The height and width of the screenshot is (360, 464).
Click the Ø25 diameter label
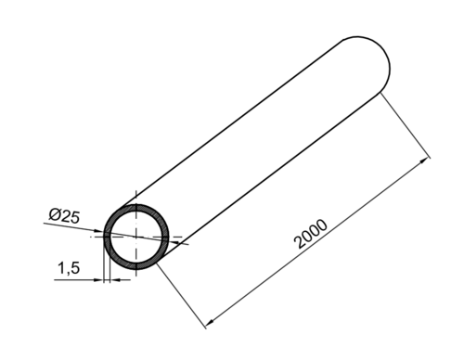64,216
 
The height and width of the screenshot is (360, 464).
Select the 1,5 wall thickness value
68,268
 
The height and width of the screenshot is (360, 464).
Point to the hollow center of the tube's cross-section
136,236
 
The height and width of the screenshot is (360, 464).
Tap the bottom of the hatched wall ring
137,265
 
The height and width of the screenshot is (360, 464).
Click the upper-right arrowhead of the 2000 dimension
427,161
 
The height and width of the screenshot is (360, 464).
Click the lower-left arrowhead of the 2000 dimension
208,324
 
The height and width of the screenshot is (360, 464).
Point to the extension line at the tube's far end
406,125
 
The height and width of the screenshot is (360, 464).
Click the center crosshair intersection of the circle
136,236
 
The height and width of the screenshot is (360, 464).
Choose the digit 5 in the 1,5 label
74,268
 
